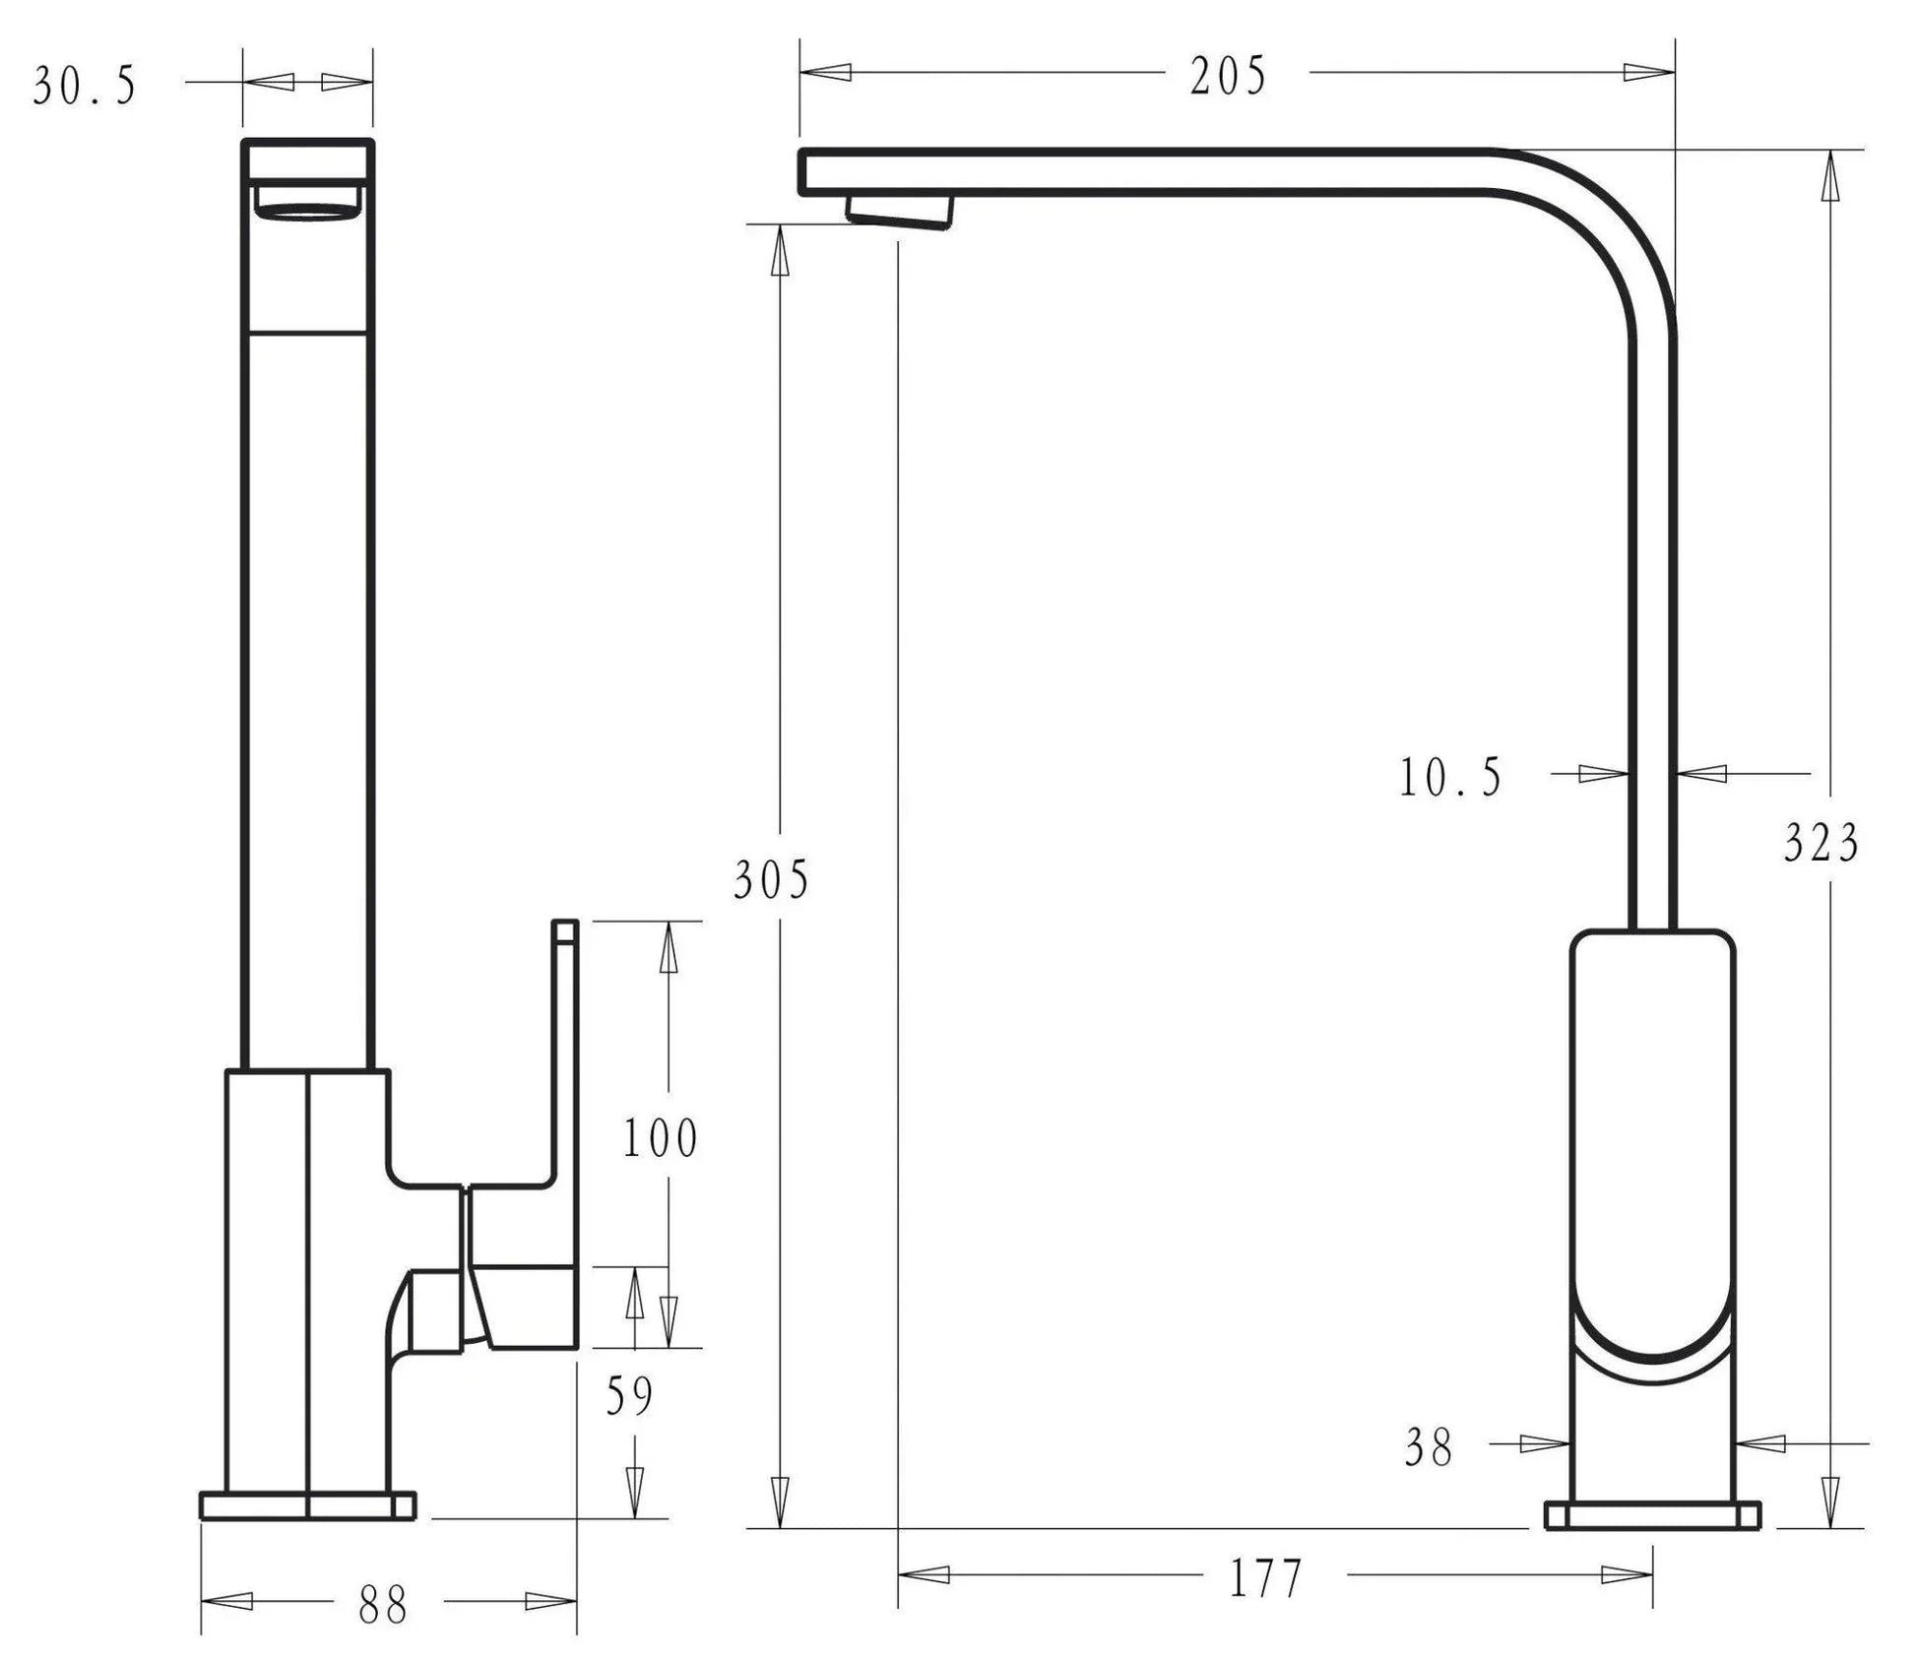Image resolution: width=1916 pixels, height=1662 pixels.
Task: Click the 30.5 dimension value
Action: pyautogui.click(x=85, y=86)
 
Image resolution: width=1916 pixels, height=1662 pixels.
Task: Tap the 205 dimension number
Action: pyautogui.click(x=1228, y=76)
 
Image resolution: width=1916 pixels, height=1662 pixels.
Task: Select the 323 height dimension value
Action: pyautogui.click(x=1821, y=843)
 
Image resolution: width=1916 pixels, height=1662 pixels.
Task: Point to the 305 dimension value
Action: pyautogui.click(x=771, y=879)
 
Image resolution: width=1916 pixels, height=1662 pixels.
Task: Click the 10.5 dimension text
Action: pyautogui.click(x=1450, y=778)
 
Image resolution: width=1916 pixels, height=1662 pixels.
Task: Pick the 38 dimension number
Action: pyautogui.click(x=1429, y=1448)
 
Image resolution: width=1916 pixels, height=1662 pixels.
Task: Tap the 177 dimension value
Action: pyautogui.click(x=1266, y=1579)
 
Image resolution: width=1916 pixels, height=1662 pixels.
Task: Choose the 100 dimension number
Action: pyautogui.click(x=660, y=1138)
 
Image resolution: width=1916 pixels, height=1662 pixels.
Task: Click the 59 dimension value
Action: pyautogui.click(x=629, y=1396)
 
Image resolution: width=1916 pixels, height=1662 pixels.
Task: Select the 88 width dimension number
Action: pyautogui.click(x=383, y=1606)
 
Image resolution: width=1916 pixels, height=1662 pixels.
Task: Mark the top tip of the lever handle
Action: pyautogui.click(x=565, y=922)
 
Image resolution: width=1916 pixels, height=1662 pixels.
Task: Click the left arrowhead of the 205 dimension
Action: pyautogui.click(x=825, y=72)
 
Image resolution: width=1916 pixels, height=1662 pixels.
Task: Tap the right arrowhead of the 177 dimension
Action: pyautogui.click(x=1628, y=1575)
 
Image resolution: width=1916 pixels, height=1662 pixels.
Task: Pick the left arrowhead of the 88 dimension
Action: pyautogui.click(x=226, y=1602)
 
